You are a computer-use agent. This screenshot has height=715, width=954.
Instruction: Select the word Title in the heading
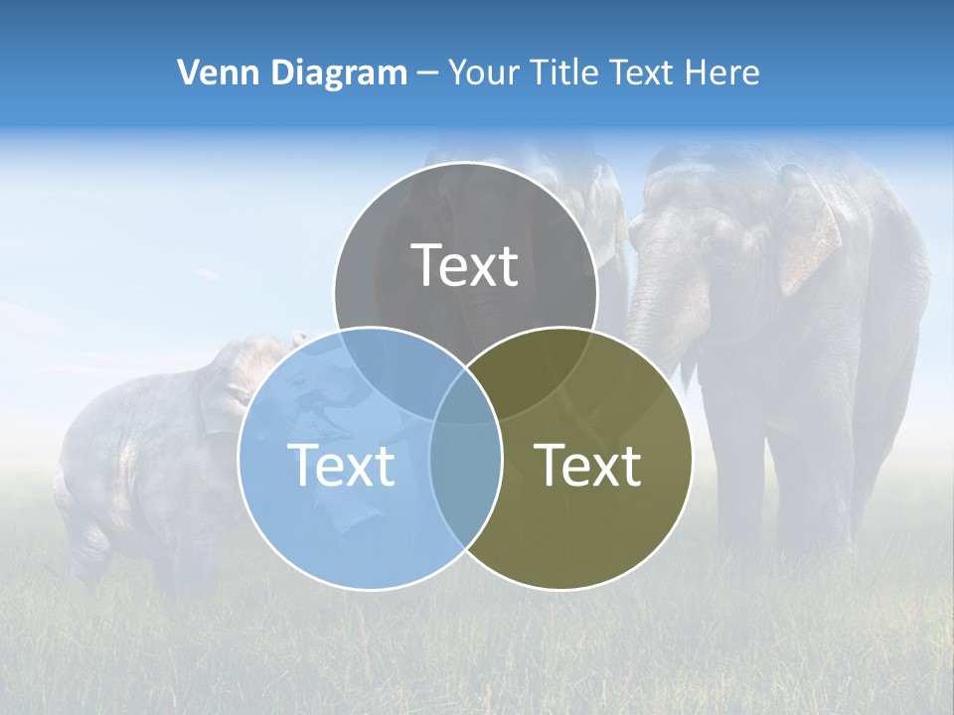click(x=563, y=72)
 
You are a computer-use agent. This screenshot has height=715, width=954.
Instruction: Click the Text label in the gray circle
click(x=465, y=265)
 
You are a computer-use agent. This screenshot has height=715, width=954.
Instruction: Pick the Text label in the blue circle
click(x=341, y=465)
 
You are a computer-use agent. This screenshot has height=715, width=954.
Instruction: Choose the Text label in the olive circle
click(x=587, y=465)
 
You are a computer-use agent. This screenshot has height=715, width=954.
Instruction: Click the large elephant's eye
click(x=717, y=249)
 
